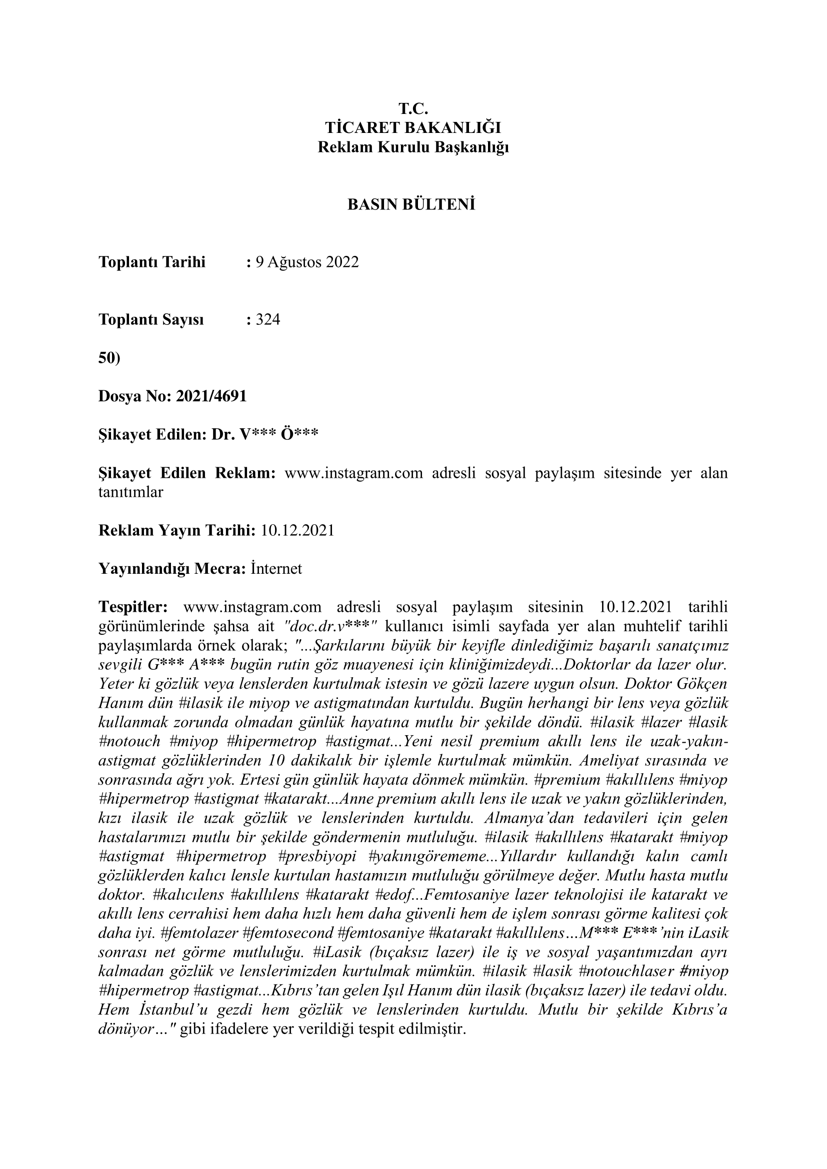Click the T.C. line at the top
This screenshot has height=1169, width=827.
413,108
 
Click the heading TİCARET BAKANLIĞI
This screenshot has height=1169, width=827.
413,127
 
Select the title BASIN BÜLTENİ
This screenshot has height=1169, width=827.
411,205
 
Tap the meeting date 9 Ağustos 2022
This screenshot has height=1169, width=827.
307,262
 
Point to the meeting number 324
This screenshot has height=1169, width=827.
268,320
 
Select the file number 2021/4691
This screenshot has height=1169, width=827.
211,396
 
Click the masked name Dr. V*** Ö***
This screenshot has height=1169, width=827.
265,434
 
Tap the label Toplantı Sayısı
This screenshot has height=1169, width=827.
150,320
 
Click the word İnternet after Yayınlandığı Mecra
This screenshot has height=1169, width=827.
276,569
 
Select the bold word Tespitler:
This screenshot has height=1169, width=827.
133,607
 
